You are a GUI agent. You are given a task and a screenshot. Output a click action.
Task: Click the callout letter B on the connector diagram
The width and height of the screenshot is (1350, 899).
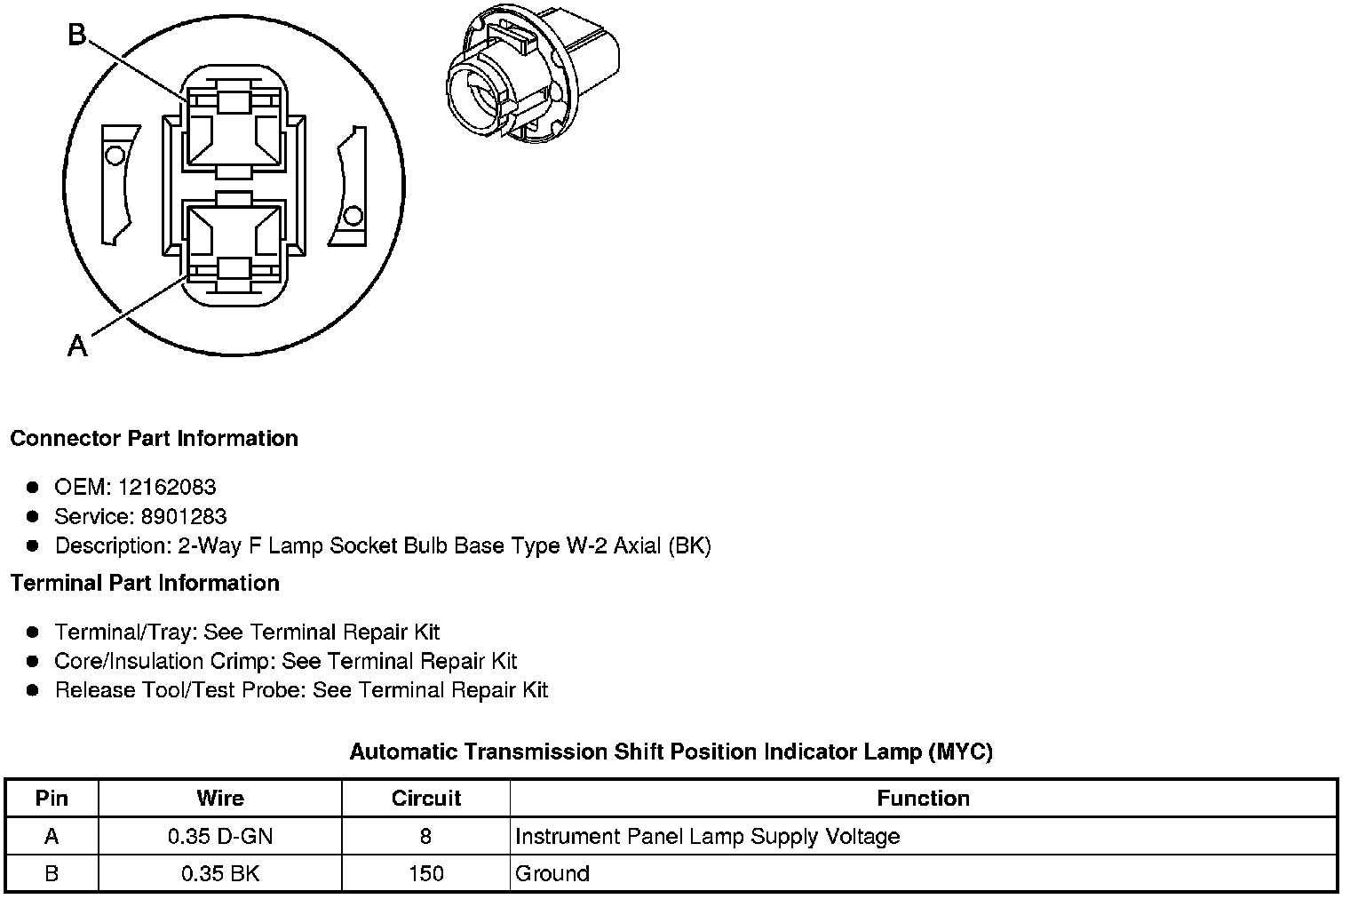pyautogui.click(x=78, y=35)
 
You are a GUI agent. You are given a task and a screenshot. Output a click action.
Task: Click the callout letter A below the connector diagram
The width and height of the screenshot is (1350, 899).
pyautogui.click(x=78, y=345)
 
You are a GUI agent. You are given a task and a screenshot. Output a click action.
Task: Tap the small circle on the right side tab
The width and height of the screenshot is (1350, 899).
pyautogui.click(x=353, y=216)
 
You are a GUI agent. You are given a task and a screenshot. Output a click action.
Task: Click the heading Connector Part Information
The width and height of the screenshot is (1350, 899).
pyautogui.click(x=154, y=439)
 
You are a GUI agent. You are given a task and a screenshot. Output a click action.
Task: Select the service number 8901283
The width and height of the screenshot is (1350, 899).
pyautogui.click(x=184, y=516)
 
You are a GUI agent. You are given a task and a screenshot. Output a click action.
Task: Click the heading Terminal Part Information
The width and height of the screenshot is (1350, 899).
pyautogui.click(x=145, y=583)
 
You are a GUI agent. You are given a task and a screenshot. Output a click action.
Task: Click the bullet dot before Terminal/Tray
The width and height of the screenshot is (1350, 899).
pyautogui.click(x=33, y=632)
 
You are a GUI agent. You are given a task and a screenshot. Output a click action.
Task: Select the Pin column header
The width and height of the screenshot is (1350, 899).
pyautogui.click(x=52, y=798)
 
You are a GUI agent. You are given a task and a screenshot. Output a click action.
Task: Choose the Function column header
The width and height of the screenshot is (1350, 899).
pyautogui.click(x=923, y=798)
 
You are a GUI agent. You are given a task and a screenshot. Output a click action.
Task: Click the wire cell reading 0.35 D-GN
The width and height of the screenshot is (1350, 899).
pyautogui.click(x=220, y=836)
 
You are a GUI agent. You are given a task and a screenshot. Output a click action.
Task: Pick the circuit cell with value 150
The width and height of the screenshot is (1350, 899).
pyautogui.click(x=426, y=873)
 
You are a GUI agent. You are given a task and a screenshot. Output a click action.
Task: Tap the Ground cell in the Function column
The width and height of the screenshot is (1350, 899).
pyautogui.click(x=552, y=873)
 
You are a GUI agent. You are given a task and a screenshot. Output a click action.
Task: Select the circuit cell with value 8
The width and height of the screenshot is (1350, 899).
pyautogui.click(x=426, y=836)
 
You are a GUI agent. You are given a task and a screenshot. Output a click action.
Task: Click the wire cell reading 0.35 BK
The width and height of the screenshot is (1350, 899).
pyautogui.click(x=220, y=873)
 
